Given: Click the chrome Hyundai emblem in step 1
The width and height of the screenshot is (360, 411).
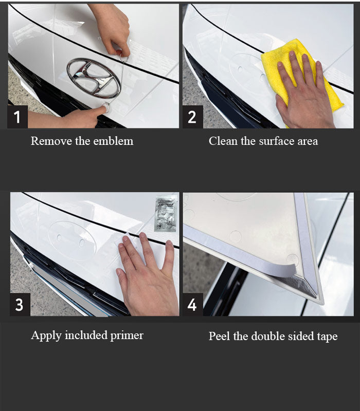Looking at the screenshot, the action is tap(94, 78).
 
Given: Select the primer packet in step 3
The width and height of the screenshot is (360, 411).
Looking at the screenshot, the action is tap(166, 213).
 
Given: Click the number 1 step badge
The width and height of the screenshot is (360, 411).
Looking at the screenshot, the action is tap(17, 117).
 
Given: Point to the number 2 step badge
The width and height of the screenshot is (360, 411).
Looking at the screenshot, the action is tap(192, 117).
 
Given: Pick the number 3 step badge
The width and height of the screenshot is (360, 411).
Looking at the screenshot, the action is tap(20, 304).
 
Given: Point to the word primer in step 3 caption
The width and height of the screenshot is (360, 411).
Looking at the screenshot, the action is tap(127, 336).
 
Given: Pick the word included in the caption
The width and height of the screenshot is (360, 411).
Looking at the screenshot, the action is tap(86, 335).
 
